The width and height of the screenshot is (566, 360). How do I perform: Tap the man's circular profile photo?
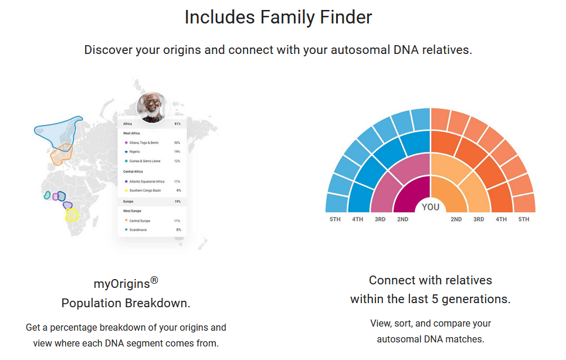(x=151, y=107)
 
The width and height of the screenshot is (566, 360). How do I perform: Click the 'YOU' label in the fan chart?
(x=431, y=207)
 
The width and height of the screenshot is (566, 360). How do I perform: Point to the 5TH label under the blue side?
(x=335, y=219)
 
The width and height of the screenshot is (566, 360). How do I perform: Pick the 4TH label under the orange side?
(x=501, y=219)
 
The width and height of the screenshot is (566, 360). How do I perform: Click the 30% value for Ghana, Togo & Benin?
(x=177, y=142)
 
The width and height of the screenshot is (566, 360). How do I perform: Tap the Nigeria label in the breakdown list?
(x=134, y=152)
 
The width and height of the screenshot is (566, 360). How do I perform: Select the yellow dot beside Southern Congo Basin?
(x=126, y=191)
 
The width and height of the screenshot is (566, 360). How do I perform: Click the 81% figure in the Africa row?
(x=177, y=124)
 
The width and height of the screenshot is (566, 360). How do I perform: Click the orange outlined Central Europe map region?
(x=61, y=156)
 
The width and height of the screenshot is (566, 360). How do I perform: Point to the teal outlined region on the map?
(x=48, y=195)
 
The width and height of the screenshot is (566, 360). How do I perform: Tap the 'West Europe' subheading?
(x=132, y=210)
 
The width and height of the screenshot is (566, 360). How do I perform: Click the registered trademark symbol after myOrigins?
(x=154, y=280)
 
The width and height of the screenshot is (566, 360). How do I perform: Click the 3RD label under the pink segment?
(x=380, y=219)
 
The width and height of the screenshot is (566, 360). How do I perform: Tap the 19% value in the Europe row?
(x=177, y=202)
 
